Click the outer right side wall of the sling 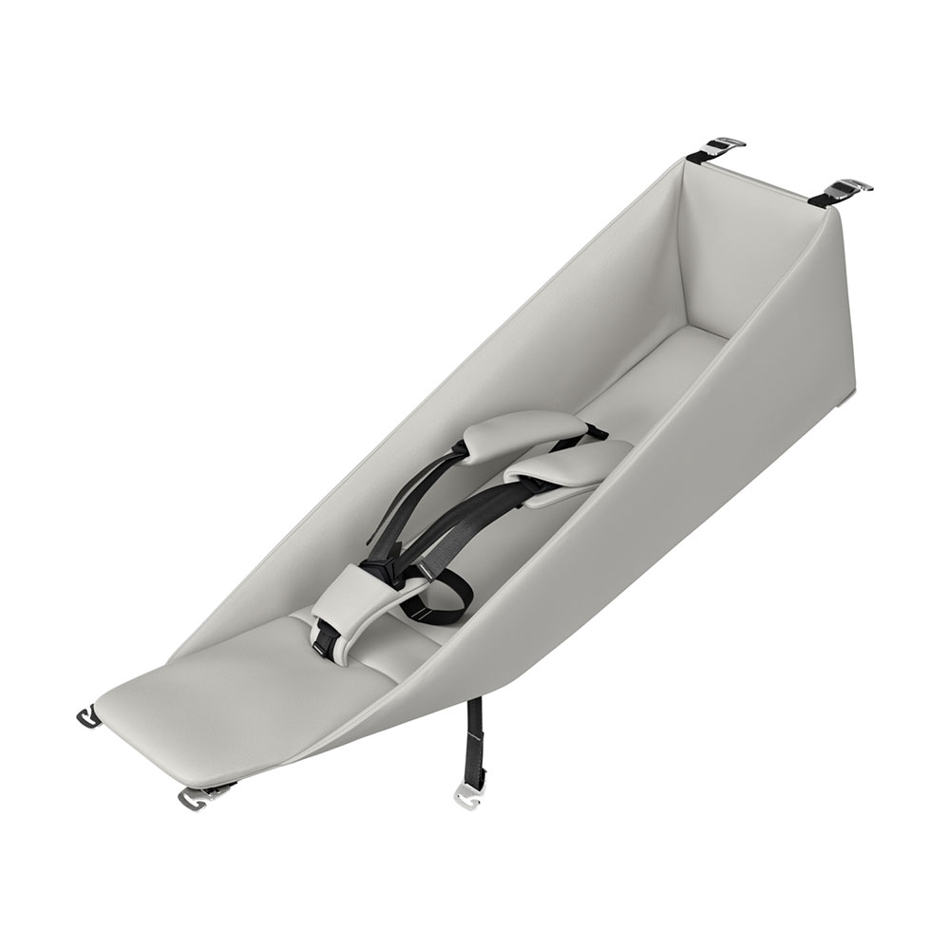coord(665,532)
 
